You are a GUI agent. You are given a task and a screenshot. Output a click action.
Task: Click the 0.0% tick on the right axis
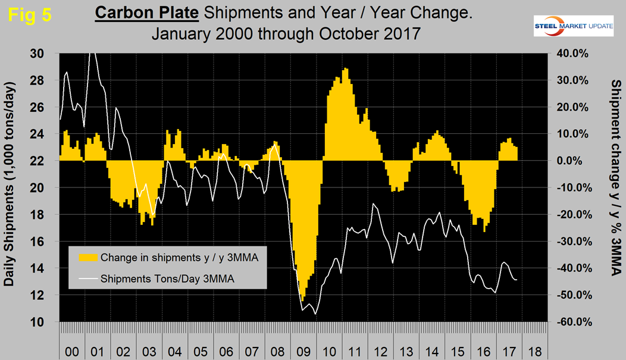(x=572, y=161)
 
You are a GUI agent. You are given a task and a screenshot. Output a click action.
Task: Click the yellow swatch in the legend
(x=87, y=258)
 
